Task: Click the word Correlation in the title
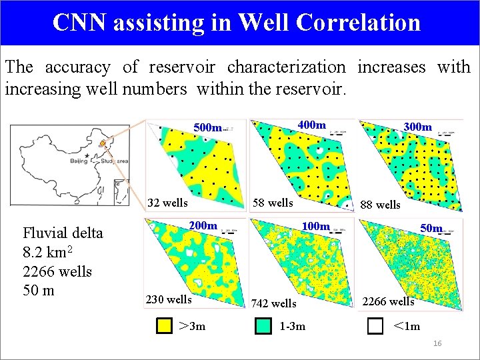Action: pos(359,23)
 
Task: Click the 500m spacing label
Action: pos(207,127)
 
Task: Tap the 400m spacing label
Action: pos(311,125)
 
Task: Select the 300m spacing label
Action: pos(418,127)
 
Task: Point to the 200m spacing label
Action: pos(203,226)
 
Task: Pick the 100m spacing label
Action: pos(316,227)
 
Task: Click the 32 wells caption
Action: pos(167,203)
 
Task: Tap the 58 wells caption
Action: pos(273,203)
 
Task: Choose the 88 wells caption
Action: pos(380,205)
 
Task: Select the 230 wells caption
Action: pos(169,299)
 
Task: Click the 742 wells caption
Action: pos(274,304)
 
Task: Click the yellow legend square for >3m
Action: pos(163,326)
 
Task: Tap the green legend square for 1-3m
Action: pos(263,326)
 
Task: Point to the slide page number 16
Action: pos(437,343)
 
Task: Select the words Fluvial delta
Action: pos(63,233)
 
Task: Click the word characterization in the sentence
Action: pos(286,67)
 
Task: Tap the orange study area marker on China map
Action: pos(102,143)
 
